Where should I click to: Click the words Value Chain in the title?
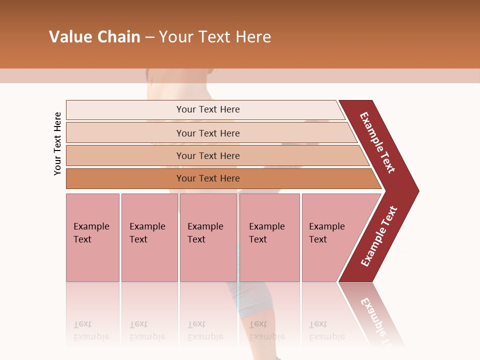pos(94,37)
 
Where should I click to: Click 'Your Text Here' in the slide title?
pos(215,37)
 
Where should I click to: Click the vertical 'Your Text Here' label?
pos(57,143)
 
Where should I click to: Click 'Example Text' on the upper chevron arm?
pos(377,142)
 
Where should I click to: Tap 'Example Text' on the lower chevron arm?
pos(379,236)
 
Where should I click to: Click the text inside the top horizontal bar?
pos(208,109)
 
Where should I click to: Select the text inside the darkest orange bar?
pos(208,178)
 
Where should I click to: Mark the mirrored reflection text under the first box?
pos(91,331)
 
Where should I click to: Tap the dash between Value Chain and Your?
pos(149,37)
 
